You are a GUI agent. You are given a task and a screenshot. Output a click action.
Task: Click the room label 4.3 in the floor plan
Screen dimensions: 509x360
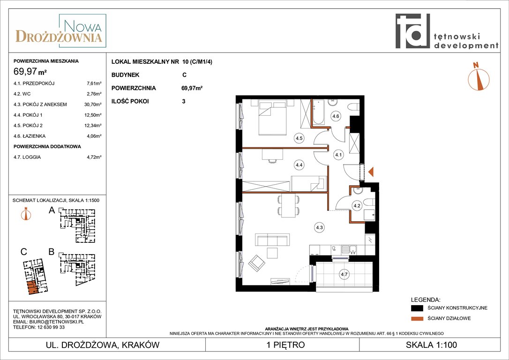tap(320, 227)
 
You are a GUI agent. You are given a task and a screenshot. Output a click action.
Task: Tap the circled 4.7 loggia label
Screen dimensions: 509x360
tap(344, 274)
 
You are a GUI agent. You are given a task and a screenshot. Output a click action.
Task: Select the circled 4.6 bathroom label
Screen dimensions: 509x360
tap(336, 116)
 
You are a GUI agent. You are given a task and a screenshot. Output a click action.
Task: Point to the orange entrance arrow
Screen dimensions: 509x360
tap(371, 172)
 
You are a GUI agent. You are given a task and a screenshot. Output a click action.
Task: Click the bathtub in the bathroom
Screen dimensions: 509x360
tap(318, 112)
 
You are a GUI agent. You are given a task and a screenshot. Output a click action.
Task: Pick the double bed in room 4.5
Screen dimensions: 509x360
tap(272, 118)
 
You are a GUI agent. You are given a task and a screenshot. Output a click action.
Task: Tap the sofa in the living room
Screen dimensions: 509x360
tap(272, 240)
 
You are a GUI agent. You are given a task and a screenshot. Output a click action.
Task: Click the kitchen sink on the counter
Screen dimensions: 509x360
tap(349, 249)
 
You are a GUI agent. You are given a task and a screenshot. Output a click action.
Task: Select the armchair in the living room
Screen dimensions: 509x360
tap(257, 263)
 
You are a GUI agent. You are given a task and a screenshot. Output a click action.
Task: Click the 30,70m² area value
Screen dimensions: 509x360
tap(92, 105)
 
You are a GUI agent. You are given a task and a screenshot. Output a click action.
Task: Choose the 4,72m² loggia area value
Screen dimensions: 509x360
tap(94, 157)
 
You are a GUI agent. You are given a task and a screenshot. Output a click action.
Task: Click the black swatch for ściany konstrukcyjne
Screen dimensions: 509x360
tap(417, 308)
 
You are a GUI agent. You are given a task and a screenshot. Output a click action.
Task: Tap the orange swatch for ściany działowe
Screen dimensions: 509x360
tap(417, 318)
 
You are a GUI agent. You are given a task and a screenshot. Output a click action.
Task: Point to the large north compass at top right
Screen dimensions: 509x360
tap(478, 77)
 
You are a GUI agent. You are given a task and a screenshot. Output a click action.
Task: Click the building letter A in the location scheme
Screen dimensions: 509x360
tap(52, 210)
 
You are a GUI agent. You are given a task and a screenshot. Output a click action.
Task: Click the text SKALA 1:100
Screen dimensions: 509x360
tap(431, 345)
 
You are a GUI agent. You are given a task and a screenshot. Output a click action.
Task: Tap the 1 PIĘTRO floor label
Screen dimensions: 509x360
tap(285, 345)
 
